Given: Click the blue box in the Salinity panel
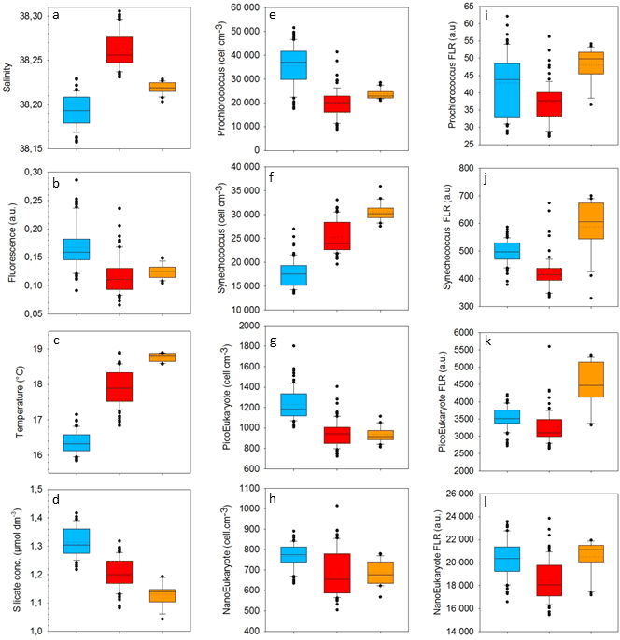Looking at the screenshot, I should [75, 109].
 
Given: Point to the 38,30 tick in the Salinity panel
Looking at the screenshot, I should [30, 15].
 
